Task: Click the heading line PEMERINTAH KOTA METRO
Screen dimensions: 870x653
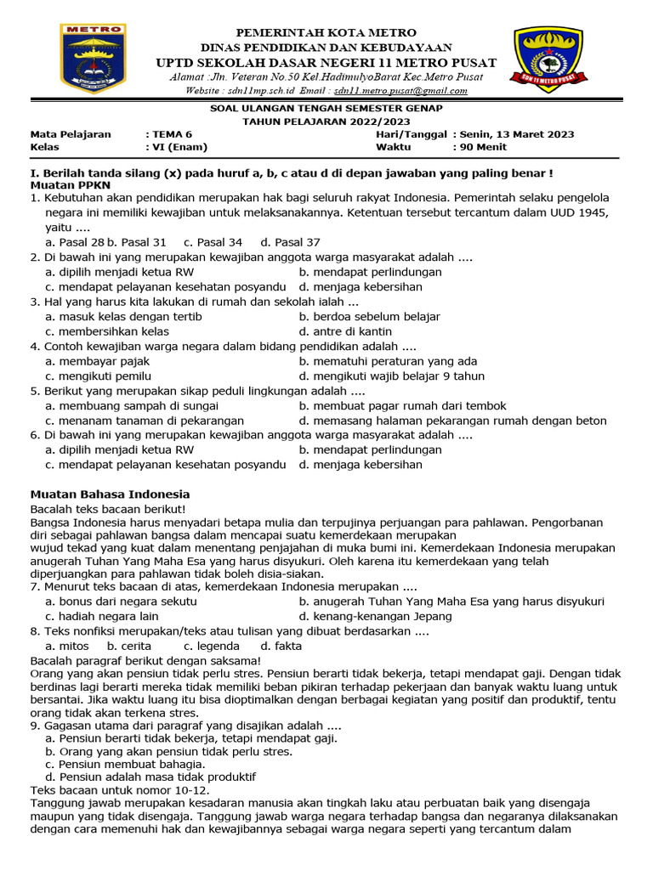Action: (326, 32)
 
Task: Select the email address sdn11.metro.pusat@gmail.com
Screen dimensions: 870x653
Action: (400, 90)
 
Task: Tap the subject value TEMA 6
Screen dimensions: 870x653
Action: (169, 134)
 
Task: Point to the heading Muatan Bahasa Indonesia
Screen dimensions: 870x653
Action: (110, 494)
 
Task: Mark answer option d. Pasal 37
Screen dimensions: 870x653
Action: (290, 242)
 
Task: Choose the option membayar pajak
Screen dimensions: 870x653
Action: (98, 361)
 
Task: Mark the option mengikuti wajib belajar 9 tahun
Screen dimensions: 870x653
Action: (391, 376)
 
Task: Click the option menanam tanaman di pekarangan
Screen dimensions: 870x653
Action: (145, 420)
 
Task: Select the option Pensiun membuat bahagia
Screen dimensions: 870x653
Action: (125, 764)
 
